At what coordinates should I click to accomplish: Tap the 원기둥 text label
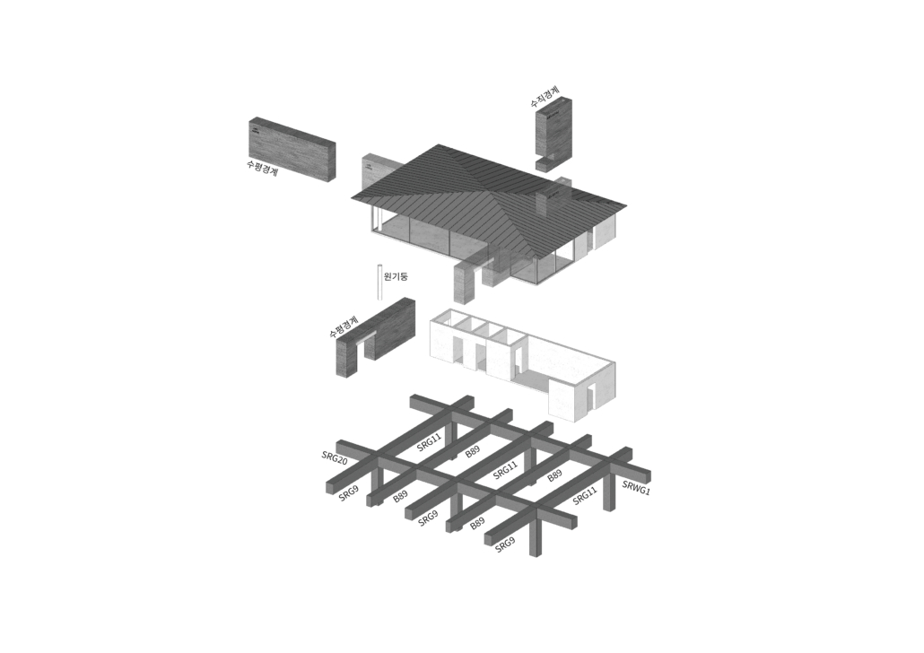396,275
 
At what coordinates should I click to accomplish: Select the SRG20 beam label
334,457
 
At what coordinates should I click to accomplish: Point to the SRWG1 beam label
636,487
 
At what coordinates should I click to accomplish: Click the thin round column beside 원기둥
380,283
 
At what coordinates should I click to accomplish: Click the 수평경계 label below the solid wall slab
262,169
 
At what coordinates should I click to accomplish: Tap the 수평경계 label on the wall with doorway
344,326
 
